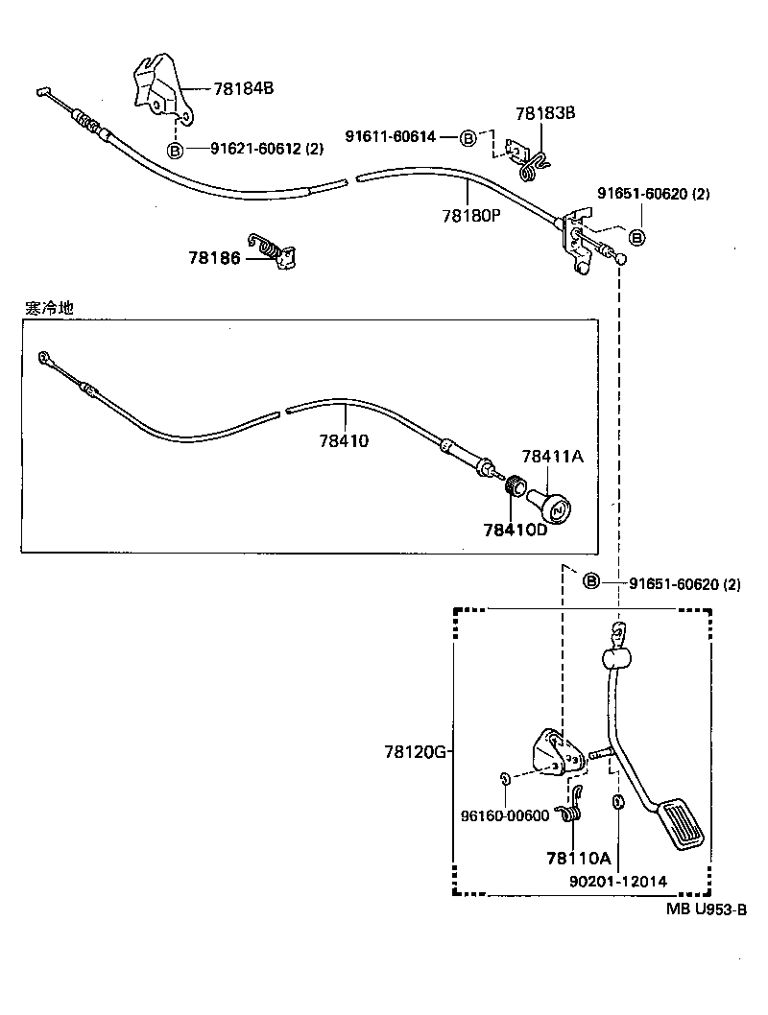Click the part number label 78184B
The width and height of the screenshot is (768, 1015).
(x=243, y=88)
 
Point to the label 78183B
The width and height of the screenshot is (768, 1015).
(x=544, y=113)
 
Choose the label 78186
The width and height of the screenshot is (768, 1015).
(x=215, y=257)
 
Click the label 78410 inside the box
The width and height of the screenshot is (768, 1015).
(x=344, y=441)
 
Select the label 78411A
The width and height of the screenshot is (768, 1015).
(x=552, y=457)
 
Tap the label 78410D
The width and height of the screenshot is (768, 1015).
(x=515, y=530)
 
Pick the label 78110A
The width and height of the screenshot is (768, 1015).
(x=578, y=857)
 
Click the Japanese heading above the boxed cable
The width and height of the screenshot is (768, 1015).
(x=48, y=308)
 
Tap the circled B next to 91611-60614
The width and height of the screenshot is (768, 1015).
(x=468, y=138)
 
